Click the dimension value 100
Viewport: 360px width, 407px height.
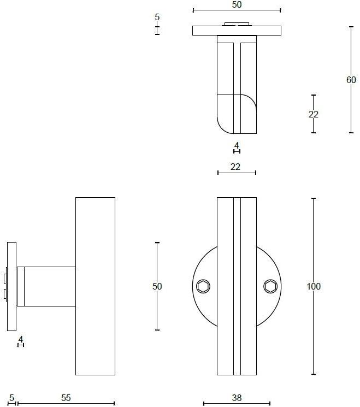314,286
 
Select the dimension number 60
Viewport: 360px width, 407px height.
351,80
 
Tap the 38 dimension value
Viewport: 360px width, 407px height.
237,398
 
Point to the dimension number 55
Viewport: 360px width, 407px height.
66,398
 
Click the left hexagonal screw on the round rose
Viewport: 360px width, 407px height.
203,287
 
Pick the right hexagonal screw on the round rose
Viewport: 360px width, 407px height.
270,287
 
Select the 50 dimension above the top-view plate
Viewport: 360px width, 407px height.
237,4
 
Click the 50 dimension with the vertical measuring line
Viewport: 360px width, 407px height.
157,286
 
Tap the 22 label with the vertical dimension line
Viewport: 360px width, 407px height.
313,114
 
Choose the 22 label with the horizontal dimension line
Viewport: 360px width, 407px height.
235,167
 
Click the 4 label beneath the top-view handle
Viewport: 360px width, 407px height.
237,145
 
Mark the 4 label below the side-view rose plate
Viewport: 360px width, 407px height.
21,339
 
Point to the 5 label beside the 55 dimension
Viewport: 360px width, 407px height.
11,398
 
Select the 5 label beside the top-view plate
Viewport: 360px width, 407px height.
157,17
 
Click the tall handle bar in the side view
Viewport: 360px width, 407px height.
95,286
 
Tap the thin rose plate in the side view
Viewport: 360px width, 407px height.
11,287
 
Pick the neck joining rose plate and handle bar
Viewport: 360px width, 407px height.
46,287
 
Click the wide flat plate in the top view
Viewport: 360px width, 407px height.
237,31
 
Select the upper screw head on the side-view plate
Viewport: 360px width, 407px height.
5,279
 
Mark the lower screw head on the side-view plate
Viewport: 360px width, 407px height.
5,294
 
